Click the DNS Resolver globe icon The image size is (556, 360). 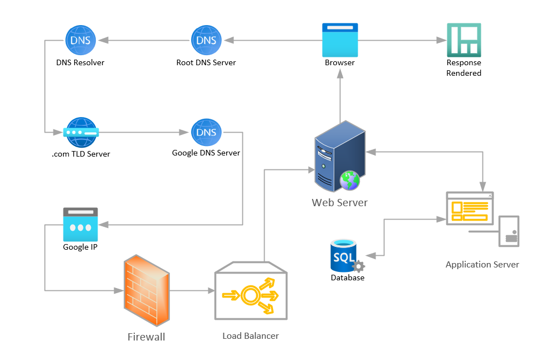point(80,40)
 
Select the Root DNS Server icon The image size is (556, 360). point(206,40)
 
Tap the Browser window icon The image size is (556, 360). point(340,40)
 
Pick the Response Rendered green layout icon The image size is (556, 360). point(464,40)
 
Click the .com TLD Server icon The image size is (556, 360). point(81,132)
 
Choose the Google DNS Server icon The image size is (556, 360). point(206,132)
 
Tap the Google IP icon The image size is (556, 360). point(80,225)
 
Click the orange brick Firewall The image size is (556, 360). point(147,290)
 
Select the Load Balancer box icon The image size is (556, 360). point(251,290)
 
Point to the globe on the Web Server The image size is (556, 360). point(350,180)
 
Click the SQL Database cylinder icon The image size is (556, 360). point(343,255)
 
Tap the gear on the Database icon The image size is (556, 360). point(358,266)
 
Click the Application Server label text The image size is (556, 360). point(482,265)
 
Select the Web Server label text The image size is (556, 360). point(340,202)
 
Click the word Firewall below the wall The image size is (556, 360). point(147,337)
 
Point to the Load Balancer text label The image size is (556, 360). point(251,336)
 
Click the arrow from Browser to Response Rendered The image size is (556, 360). point(402,41)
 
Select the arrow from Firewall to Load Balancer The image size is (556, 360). point(192,290)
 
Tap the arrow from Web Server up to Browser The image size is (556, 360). point(340,96)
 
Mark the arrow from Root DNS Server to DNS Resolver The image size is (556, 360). point(144,41)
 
